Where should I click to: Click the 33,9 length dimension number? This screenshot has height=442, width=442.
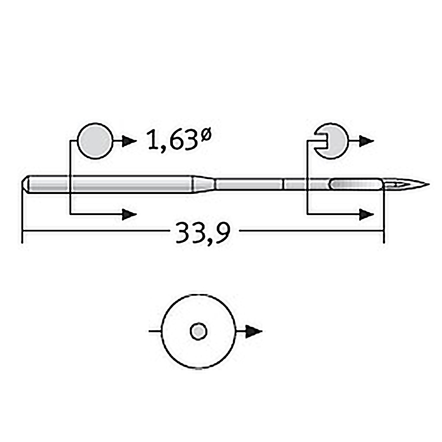203,233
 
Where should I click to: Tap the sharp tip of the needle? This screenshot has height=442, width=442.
429,185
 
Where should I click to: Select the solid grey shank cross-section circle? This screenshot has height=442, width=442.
95,141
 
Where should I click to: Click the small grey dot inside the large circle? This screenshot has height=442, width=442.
199,331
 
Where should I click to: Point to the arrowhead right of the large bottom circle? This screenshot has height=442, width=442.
254,331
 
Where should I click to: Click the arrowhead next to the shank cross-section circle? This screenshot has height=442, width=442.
129,141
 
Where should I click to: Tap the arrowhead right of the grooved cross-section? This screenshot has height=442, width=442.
366,141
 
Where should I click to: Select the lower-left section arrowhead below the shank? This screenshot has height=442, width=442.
129,214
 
